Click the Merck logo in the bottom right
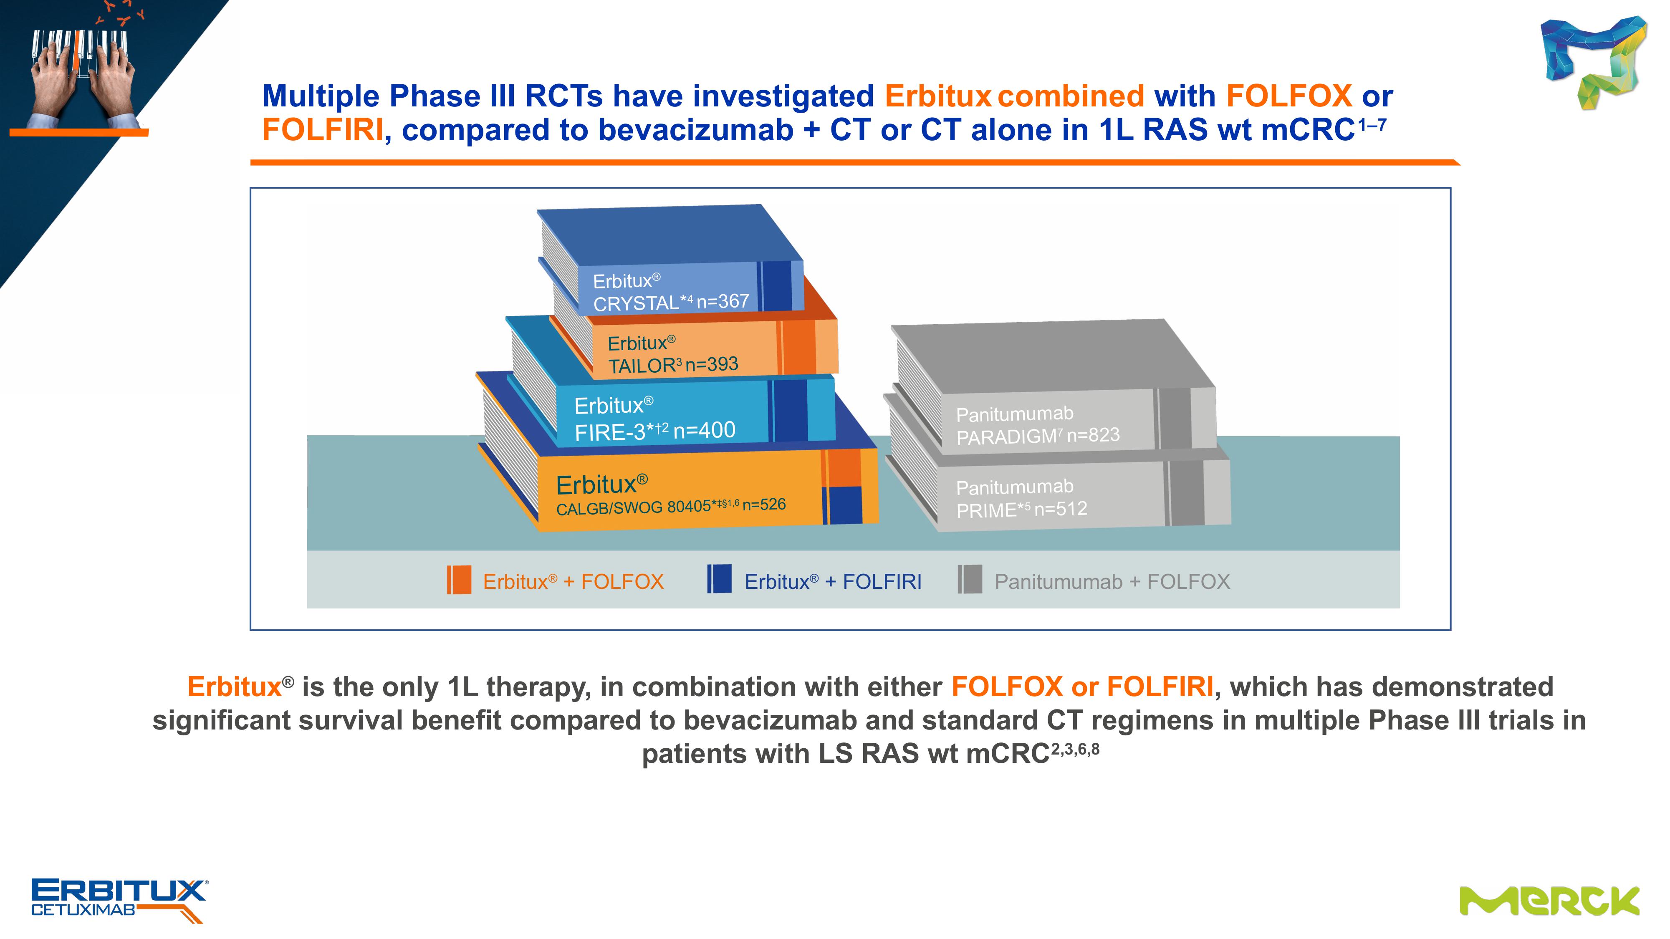click(1549, 901)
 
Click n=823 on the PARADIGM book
click(1093, 435)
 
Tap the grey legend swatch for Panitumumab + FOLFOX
click(970, 579)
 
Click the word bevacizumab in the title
click(696, 130)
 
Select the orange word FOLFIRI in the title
click(323, 130)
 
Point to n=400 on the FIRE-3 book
click(704, 430)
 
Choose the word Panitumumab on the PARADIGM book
click(1015, 414)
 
